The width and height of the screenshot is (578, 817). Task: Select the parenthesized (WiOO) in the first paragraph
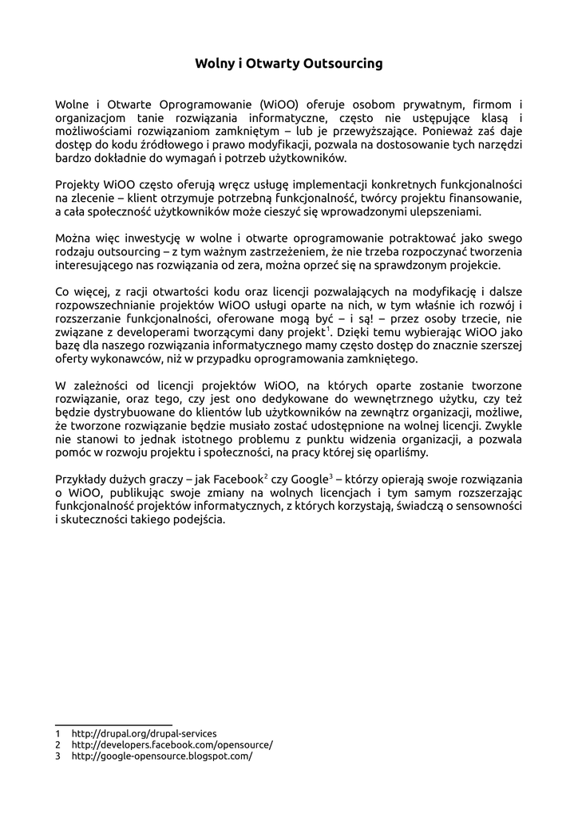tap(279, 104)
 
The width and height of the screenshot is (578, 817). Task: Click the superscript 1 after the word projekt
tap(327, 329)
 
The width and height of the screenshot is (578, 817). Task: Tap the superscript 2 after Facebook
tap(265, 476)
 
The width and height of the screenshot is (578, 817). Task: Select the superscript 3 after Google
tap(330, 476)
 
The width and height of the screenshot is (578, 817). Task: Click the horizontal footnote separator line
tap(113, 724)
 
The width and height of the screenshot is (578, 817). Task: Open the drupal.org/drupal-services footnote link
tap(144, 733)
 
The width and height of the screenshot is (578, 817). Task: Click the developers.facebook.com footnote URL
tap(172, 744)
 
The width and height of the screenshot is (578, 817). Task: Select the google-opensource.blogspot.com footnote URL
tap(161, 756)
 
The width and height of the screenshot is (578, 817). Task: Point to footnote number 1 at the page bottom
tap(58, 733)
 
